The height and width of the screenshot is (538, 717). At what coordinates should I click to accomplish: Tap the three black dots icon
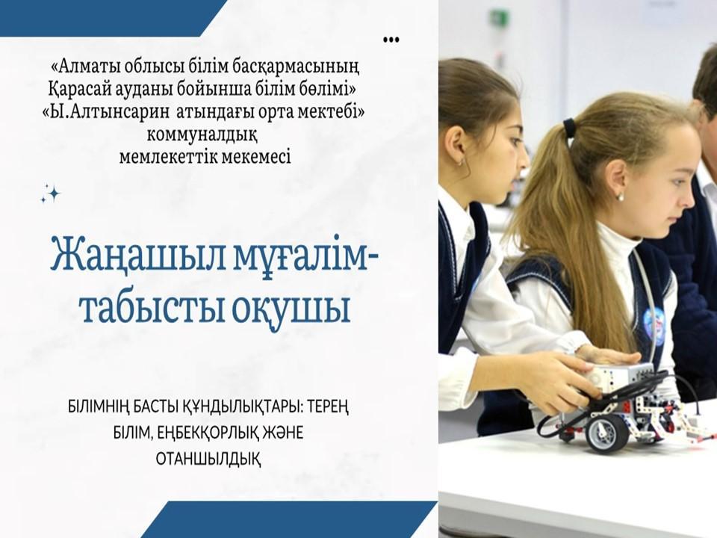point(391,39)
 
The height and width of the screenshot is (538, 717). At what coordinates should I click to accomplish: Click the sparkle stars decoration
point(50,194)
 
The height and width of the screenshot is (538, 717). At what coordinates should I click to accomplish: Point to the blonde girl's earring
point(619,197)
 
